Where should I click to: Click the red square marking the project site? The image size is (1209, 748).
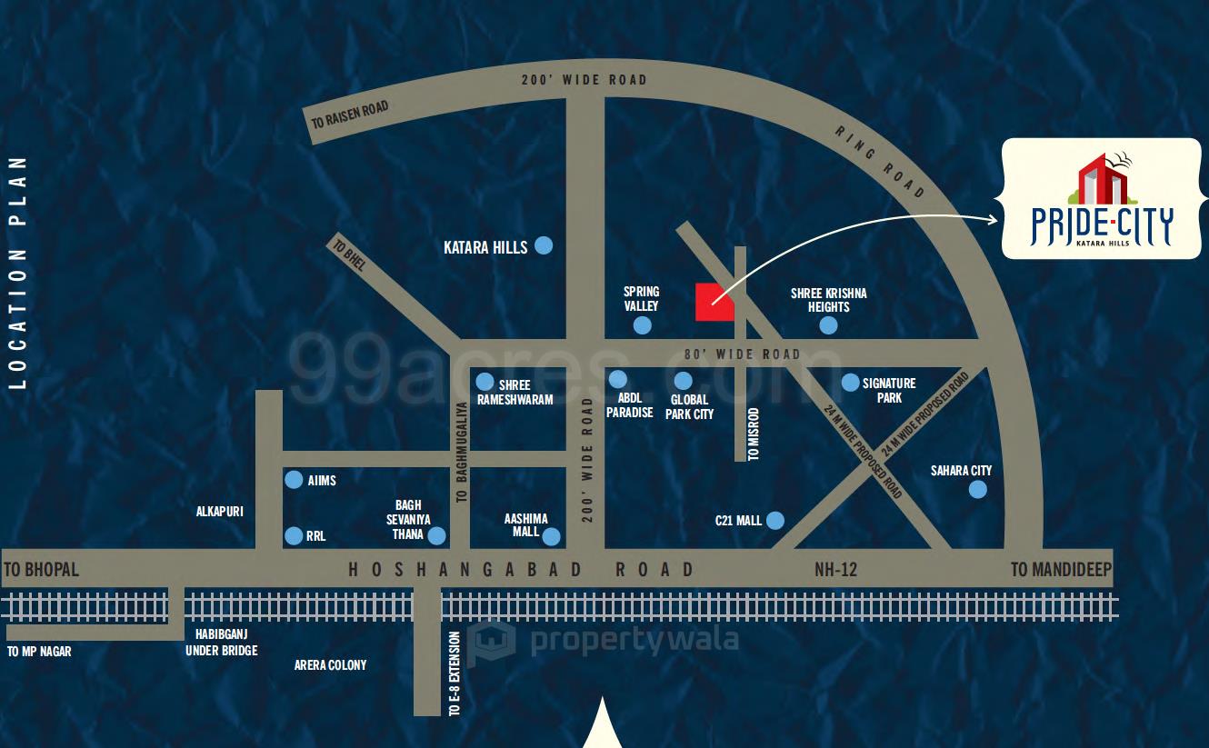pyautogui.click(x=714, y=302)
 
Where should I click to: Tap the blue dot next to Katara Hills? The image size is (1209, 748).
pyautogui.click(x=543, y=245)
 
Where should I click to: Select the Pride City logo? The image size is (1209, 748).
pyautogui.click(x=1101, y=199)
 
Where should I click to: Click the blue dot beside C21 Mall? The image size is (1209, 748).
pyautogui.click(x=774, y=520)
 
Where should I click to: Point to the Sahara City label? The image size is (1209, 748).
pyautogui.click(x=961, y=471)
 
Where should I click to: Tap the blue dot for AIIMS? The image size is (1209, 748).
pyautogui.click(x=294, y=479)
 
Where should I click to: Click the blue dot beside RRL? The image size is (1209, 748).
pyautogui.click(x=294, y=536)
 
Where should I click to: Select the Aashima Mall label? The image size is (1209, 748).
pyautogui.click(x=526, y=525)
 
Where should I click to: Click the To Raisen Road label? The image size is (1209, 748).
pyautogui.click(x=350, y=115)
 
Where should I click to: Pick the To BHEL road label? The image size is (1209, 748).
pyautogui.click(x=349, y=255)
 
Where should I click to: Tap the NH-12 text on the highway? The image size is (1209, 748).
pyautogui.click(x=835, y=570)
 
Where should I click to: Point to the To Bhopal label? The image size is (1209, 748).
pyautogui.click(x=42, y=570)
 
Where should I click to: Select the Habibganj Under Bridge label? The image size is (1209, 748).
pyautogui.click(x=222, y=643)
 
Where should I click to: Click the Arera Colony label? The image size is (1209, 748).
pyautogui.click(x=330, y=665)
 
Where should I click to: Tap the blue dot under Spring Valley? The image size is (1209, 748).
pyautogui.click(x=642, y=325)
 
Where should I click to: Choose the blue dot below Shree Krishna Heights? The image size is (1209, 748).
pyautogui.click(x=828, y=325)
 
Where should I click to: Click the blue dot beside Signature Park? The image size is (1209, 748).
pyautogui.click(x=850, y=383)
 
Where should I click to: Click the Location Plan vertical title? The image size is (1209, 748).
pyautogui.click(x=17, y=273)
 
